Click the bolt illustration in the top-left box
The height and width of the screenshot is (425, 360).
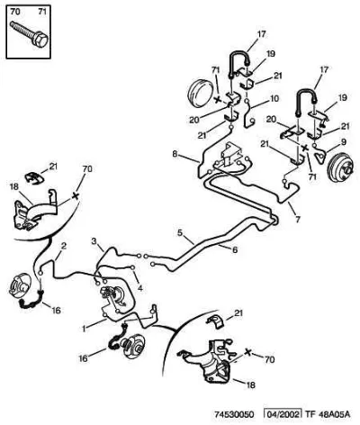(29, 34)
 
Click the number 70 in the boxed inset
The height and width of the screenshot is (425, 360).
(15, 12)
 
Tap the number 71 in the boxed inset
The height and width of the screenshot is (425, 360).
(42, 12)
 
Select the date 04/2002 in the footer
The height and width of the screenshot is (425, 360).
(282, 414)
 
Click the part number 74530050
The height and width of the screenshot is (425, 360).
(234, 414)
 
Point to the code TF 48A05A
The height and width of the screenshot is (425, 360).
(328, 414)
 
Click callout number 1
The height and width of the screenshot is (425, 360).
(85, 329)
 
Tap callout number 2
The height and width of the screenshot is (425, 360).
(64, 247)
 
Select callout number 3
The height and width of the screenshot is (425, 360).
(94, 240)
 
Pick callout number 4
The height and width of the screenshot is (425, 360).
(139, 288)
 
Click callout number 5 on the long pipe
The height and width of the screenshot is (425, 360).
(180, 232)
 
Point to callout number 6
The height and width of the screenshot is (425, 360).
(235, 249)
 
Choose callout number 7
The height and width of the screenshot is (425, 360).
(298, 220)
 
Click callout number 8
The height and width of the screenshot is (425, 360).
(175, 154)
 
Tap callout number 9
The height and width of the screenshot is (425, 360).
(343, 142)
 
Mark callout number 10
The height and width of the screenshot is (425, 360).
(274, 98)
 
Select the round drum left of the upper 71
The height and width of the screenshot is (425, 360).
(200, 94)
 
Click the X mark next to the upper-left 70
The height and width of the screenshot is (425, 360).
(76, 196)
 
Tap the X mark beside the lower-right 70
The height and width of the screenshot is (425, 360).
(247, 352)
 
